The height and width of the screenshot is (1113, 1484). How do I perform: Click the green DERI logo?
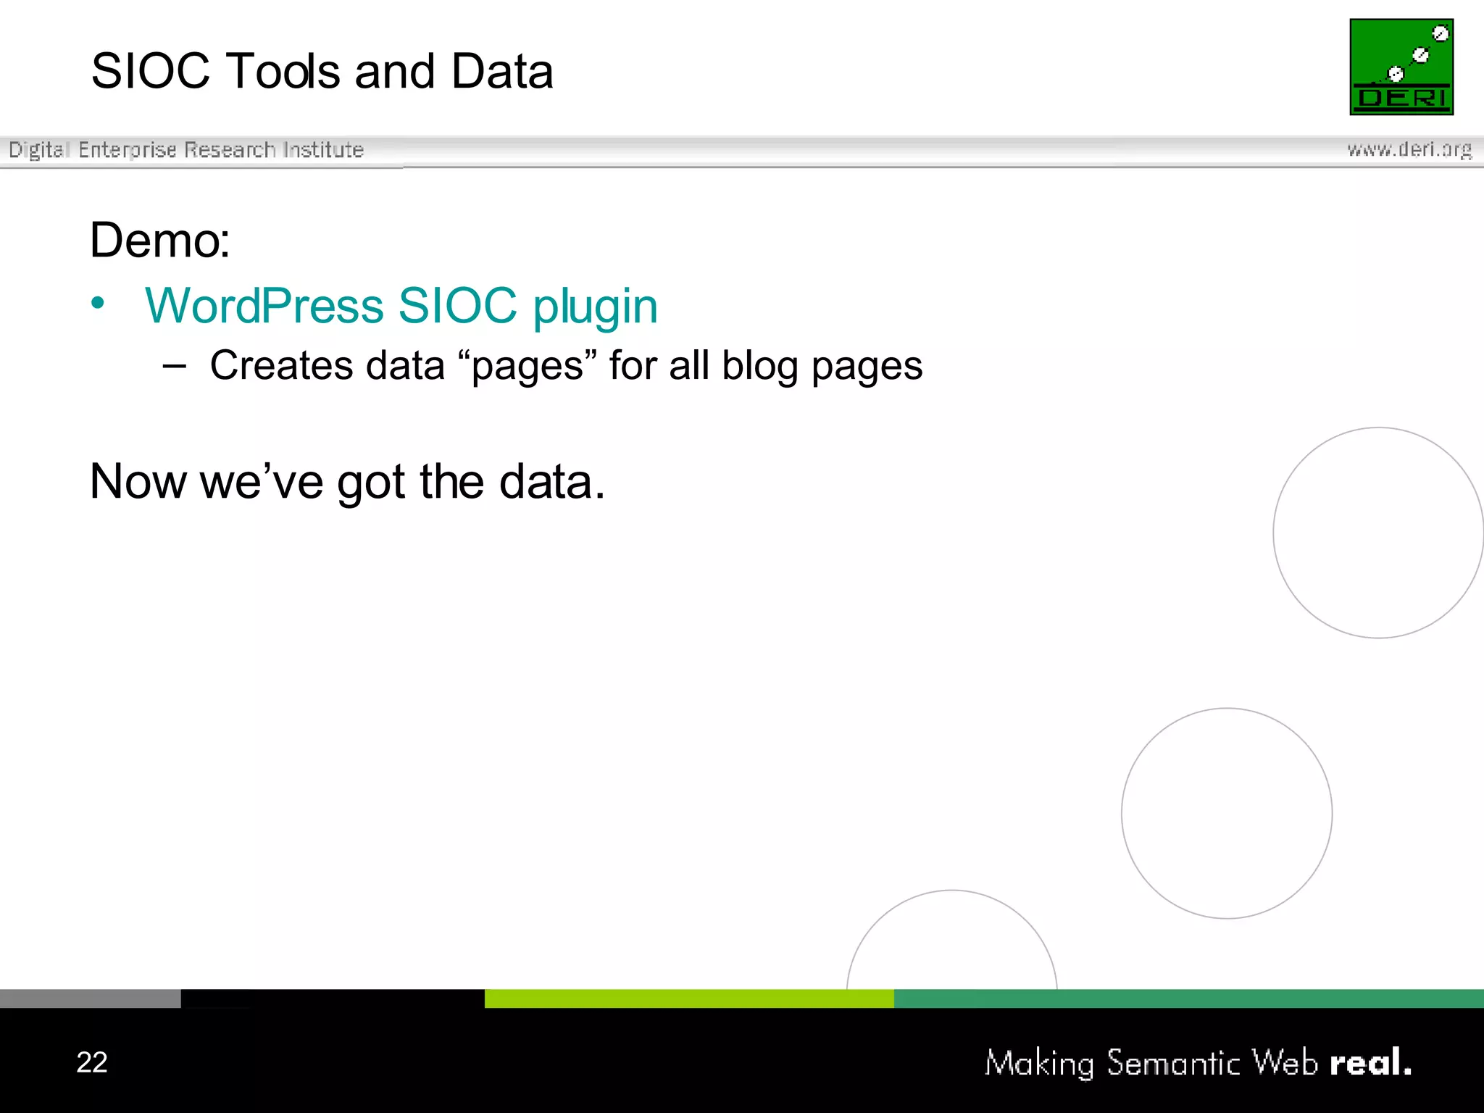click(1401, 67)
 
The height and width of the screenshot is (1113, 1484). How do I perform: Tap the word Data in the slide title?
click(501, 72)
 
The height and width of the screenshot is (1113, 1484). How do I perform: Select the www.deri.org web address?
click(1409, 149)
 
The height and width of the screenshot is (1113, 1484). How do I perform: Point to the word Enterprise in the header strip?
click(128, 150)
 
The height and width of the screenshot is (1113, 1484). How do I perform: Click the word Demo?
click(160, 240)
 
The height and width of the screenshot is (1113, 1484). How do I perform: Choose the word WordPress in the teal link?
click(264, 306)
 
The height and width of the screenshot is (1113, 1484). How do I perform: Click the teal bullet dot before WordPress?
click(98, 303)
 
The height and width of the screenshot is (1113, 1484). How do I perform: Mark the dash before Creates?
click(174, 366)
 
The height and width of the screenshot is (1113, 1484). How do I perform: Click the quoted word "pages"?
click(528, 365)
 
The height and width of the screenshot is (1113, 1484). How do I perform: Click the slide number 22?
click(92, 1062)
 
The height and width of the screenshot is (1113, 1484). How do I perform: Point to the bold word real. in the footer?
click(1370, 1063)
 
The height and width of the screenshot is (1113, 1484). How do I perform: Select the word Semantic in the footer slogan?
click(1173, 1063)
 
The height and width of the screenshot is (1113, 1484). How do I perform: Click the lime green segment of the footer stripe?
click(688, 999)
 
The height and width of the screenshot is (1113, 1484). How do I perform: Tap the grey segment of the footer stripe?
click(90, 999)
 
